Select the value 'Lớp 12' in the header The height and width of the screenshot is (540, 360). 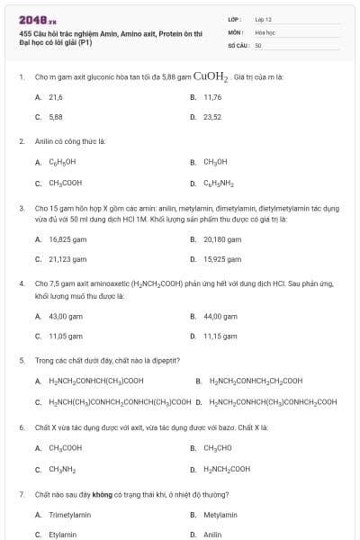264,18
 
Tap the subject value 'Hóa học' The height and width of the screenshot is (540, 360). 265,31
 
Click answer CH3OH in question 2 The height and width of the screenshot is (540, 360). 215,162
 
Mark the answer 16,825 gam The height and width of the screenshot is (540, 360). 67,239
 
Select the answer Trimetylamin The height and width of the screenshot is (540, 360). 69,515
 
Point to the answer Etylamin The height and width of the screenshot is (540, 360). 63,535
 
